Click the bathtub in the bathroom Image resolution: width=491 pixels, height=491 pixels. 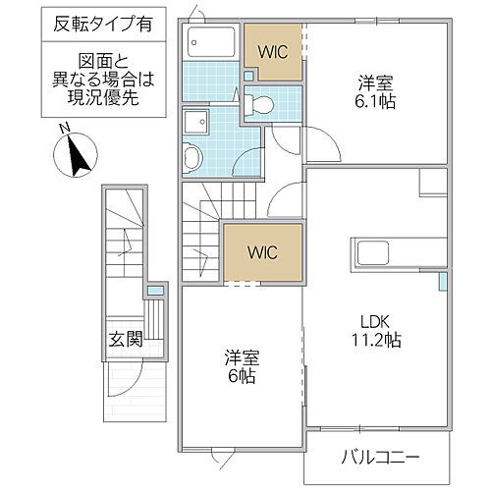[210, 43]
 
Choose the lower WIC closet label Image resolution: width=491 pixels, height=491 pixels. [260, 252]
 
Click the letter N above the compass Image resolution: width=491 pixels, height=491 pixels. [62, 130]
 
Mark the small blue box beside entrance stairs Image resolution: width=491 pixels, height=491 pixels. [155, 292]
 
